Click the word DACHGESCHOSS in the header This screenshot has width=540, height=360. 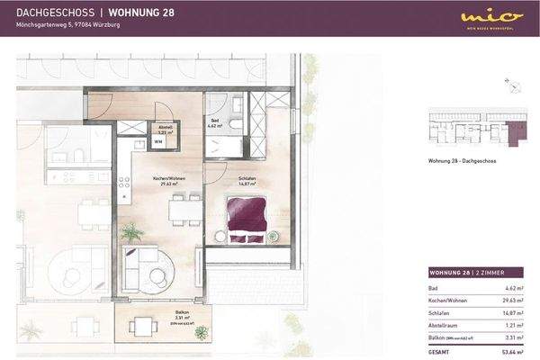(50, 13)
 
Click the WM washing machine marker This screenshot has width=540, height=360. (157, 141)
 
